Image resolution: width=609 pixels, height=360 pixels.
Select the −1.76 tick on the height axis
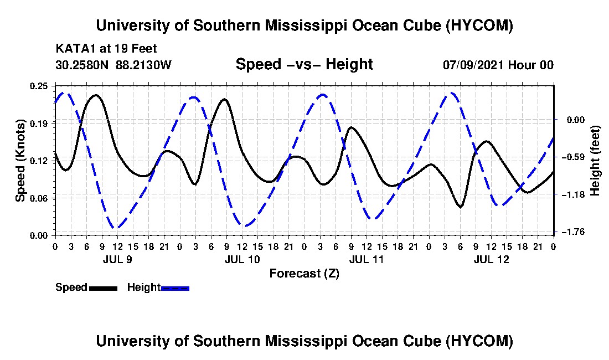[575, 232]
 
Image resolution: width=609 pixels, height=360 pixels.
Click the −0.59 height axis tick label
[575, 157]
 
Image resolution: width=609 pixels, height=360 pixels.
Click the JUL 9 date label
[118, 259]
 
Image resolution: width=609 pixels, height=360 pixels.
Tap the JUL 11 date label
[367, 259]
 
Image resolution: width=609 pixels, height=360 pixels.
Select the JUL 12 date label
[491, 259]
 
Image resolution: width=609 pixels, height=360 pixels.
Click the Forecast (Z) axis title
[304, 274]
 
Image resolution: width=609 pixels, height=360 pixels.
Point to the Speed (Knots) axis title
[20, 161]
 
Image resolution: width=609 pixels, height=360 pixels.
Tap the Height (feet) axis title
[595, 161]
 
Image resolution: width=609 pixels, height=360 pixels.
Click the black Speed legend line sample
[103, 288]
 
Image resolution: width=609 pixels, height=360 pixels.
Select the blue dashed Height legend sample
[175, 288]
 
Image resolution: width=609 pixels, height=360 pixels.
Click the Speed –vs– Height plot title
[304, 64]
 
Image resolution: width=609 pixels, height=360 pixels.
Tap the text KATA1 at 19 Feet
[106, 49]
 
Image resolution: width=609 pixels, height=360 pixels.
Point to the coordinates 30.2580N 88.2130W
[113, 65]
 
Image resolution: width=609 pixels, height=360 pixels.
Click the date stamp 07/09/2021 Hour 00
[498, 65]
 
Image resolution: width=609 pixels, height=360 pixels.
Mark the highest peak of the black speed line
[96, 95]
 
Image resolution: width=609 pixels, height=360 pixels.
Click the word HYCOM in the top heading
[479, 25]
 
